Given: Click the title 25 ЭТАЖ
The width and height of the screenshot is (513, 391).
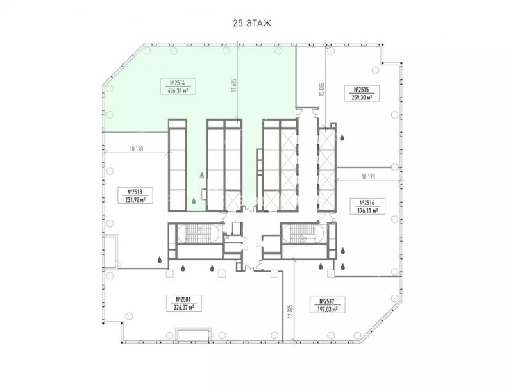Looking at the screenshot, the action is [x=252, y=24].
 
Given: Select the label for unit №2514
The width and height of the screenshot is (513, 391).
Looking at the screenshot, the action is [x=178, y=87].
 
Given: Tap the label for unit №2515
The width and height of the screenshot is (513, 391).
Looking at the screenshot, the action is [x=362, y=93].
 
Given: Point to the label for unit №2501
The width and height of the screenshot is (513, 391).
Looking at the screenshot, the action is [x=183, y=303].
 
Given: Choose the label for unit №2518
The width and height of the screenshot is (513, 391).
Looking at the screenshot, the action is [x=135, y=195].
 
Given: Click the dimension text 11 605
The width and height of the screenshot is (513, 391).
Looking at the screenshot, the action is [x=233, y=86].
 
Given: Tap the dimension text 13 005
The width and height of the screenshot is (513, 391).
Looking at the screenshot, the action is [x=322, y=88].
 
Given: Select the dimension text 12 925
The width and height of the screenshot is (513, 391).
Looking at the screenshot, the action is [x=291, y=313].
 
